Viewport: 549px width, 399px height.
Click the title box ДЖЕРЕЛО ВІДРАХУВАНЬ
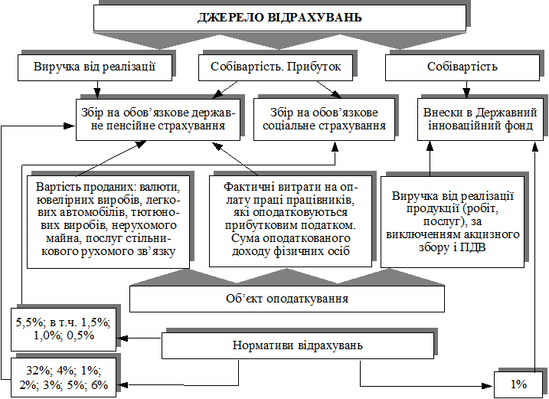(279, 17)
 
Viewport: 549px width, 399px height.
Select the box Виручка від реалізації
(95, 67)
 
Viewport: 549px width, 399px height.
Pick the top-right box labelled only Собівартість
(462, 67)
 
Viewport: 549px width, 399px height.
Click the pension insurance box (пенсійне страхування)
(157, 119)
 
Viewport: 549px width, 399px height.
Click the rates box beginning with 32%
(64, 377)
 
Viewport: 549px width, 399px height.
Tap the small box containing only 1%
(520, 384)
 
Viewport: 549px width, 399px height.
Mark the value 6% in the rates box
(99, 384)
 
